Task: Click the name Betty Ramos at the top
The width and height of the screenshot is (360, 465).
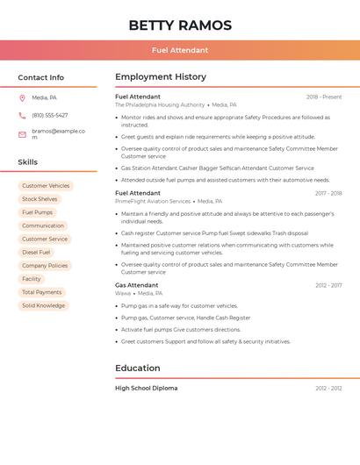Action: [x=180, y=25]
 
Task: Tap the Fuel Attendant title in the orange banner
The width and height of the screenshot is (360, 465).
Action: [x=180, y=50]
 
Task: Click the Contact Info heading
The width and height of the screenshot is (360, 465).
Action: [x=40, y=77]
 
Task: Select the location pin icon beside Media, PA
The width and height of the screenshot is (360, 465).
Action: [x=22, y=98]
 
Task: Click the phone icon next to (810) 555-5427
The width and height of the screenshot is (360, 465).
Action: [x=22, y=115]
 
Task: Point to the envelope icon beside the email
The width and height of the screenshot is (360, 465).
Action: [x=22, y=134]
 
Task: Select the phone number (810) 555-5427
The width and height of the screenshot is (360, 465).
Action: [x=49, y=115]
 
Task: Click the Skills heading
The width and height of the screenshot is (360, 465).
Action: [x=27, y=162]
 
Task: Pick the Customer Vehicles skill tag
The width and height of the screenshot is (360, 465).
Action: [x=46, y=186]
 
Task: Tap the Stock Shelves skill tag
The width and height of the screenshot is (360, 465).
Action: [x=40, y=199]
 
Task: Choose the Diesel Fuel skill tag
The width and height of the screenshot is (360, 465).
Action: [x=36, y=252]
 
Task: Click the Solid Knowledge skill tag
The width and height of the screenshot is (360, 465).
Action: [x=43, y=305]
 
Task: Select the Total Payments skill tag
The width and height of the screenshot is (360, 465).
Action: [x=41, y=292]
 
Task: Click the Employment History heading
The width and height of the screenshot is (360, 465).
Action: [x=161, y=77]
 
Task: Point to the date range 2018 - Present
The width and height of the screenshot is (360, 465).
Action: [x=324, y=97]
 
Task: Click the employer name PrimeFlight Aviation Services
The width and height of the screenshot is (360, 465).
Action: [x=153, y=201]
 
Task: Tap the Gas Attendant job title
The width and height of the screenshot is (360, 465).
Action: [x=137, y=285]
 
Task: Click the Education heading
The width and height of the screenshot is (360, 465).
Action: [x=138, y=368]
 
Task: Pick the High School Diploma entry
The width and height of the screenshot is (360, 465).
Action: [x=146, y=388]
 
